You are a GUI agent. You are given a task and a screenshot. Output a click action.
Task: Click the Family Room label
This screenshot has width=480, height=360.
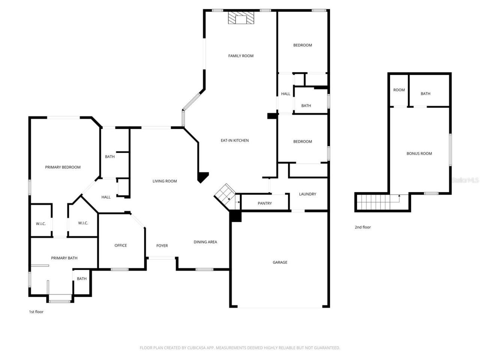click(x=241, y=56)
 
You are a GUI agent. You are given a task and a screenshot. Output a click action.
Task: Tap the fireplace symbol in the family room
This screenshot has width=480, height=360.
click(x=241, y=18)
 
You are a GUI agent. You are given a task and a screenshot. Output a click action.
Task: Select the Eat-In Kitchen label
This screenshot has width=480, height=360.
click(x=234, y=141)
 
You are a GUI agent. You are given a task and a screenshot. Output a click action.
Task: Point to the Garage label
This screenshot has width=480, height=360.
click(x=280, y=262)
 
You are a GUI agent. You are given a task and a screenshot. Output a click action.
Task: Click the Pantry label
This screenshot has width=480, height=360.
click(x=265, y=203)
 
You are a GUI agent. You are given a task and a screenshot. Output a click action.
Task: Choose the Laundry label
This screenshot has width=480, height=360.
click(x=307, y=194)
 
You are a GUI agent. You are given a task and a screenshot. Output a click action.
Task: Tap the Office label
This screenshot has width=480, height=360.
click(x=121, y=246)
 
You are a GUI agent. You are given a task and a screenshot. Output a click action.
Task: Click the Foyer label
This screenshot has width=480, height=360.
click(x=162, y=246)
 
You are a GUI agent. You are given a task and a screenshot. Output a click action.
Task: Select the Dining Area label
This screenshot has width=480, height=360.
click(x=205, y=242)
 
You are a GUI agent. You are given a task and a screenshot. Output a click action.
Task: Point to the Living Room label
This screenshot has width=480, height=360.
click(x=165, y=181)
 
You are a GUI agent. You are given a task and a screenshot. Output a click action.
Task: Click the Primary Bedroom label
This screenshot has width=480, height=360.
click(x=63, y=167)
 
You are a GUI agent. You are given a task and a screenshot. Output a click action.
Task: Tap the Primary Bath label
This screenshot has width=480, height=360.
click(x=64, y=258)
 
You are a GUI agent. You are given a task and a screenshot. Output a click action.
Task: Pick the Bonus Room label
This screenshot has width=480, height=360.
click(x=419, y=154)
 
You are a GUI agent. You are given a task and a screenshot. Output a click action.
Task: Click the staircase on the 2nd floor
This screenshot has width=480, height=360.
click(x=377, y=202)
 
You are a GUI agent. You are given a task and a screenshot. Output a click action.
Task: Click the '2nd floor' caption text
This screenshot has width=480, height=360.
click(x=363, y=227)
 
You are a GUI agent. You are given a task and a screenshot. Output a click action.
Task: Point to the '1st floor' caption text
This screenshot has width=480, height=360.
click(x=36, y=312)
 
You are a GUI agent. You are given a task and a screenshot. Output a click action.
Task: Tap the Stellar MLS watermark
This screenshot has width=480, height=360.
click(x=465, y=180)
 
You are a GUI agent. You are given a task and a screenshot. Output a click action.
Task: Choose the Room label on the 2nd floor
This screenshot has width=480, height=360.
click(x=399, y=90)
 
